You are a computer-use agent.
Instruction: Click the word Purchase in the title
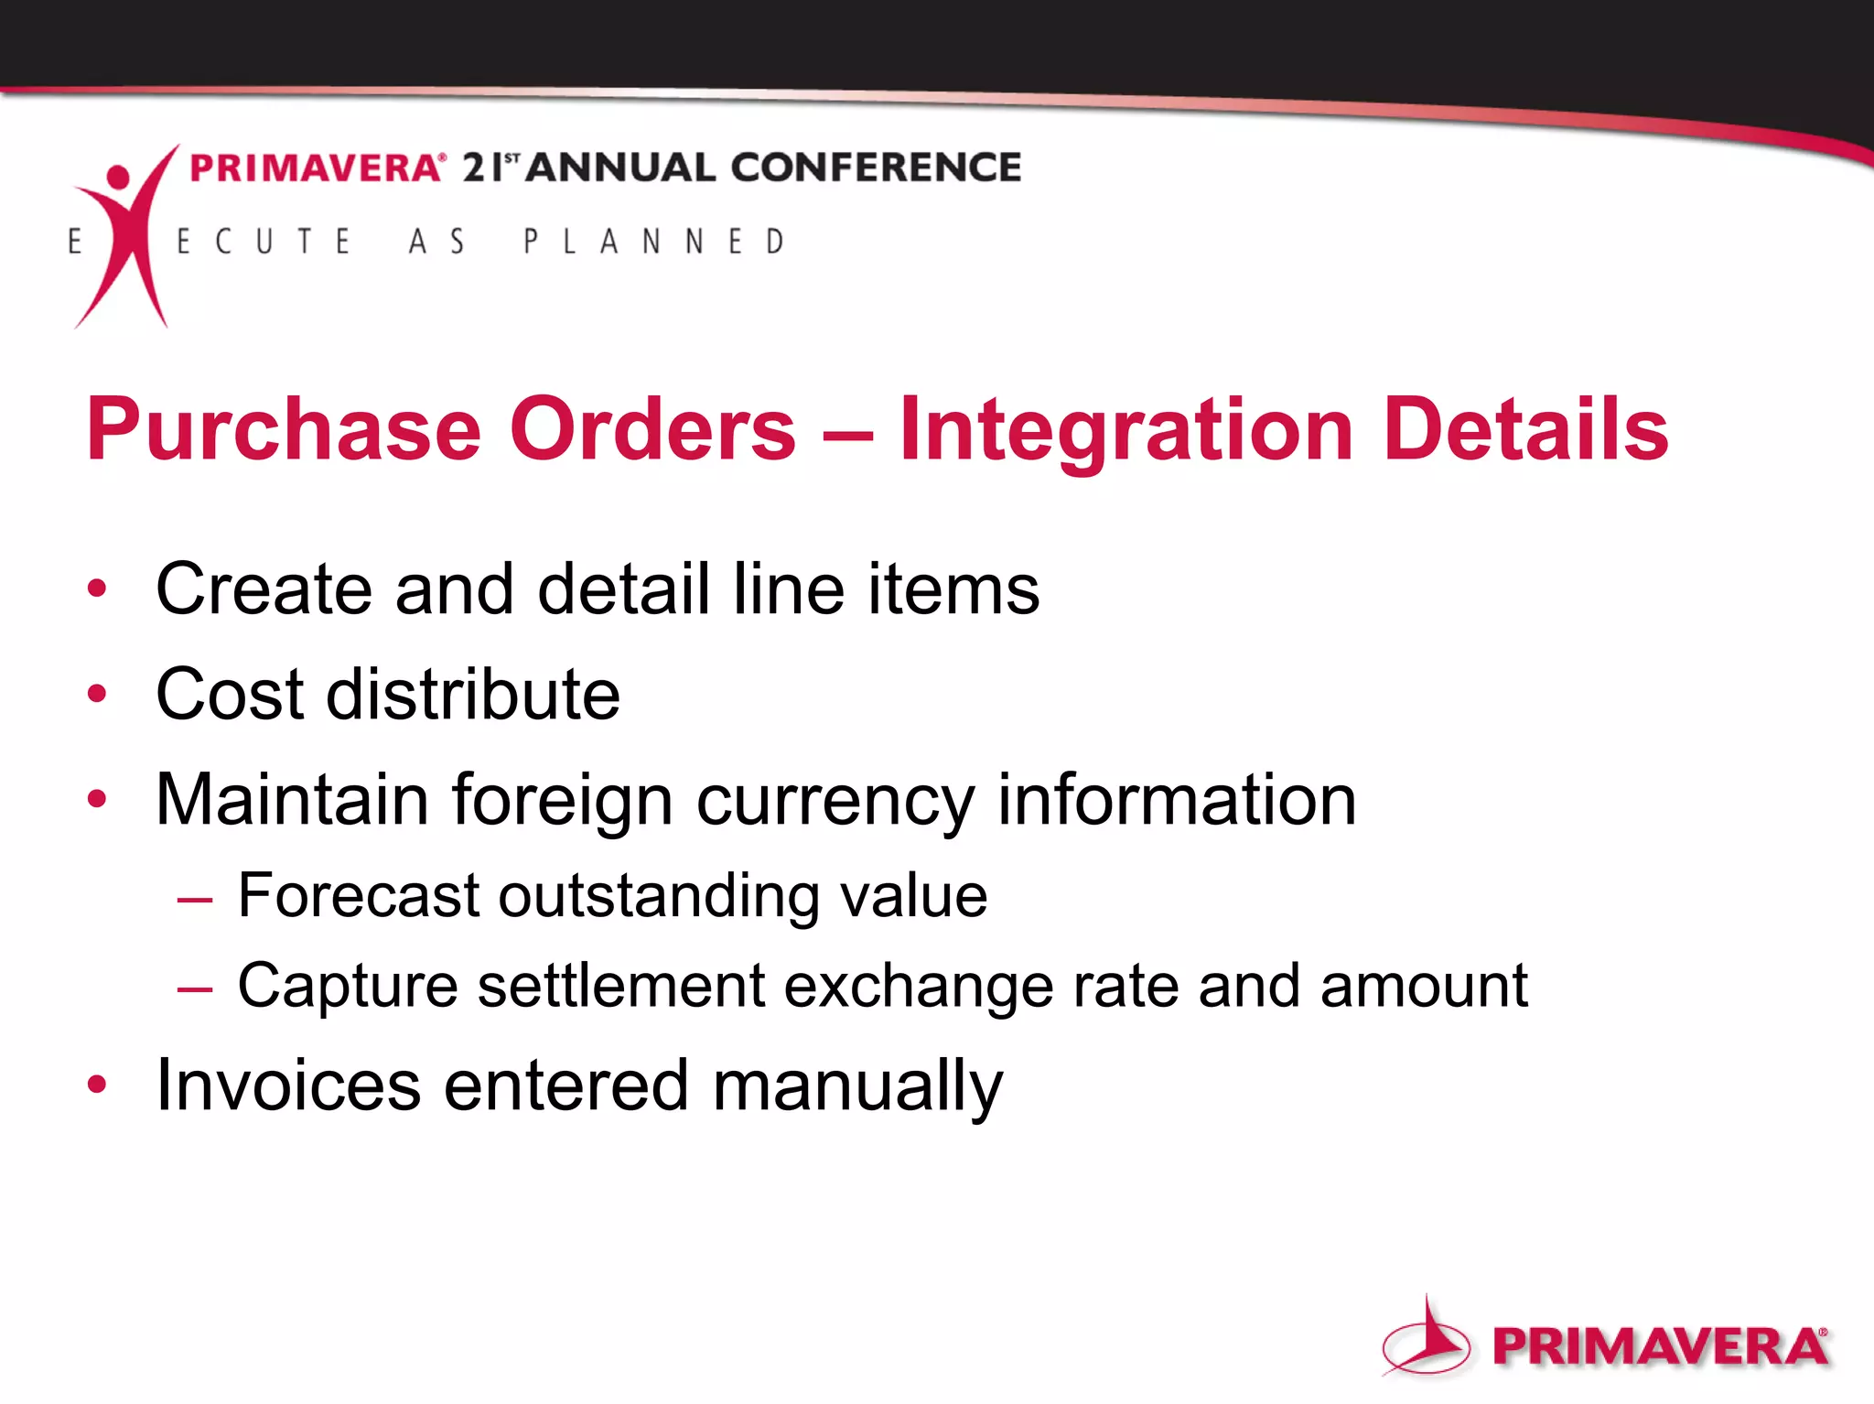pos(284,429)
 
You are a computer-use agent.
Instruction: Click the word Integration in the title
pos(1125,429)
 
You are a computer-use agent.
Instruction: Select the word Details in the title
pos(1526,429)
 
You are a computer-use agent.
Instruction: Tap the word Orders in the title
pos(652,429)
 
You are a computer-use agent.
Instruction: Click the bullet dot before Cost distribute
pos(97,694)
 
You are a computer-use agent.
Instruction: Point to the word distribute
pos(473,694)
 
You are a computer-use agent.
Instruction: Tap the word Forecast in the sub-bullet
pos(358,895)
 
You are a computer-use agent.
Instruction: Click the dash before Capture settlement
pos(195,989)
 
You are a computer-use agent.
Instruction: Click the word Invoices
pos(288,1085)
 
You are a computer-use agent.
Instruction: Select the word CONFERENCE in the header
pos(876,167)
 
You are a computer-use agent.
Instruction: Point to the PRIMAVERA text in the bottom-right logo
pos(1660,1346)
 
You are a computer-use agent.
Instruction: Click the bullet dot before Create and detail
pos(97,588)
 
